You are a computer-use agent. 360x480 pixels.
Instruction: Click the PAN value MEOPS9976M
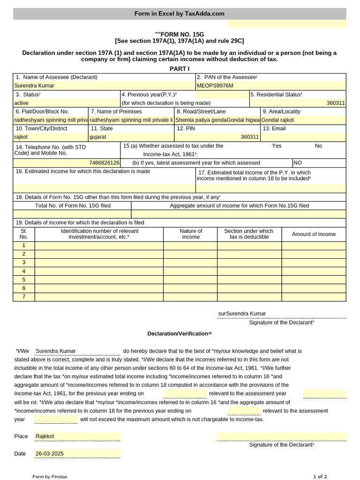[x=215, y=86]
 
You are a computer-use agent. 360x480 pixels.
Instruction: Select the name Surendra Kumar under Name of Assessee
[x=34, y=86]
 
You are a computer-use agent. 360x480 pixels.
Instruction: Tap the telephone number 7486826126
[x=104, y=163]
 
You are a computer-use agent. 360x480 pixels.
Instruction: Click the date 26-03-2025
[x=49, y=454]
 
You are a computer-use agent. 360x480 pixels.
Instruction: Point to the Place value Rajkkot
[x=45, y=436]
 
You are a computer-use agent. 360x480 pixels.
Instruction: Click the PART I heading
[x=180, y=69]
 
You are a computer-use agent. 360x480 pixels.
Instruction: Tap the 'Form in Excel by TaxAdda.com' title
[x=180, y=14]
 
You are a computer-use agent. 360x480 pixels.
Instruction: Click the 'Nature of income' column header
[x=191, y=234]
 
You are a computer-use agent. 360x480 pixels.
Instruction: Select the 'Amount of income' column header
[x=314, y=234]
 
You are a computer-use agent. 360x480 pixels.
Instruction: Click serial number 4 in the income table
[x=24, y=271]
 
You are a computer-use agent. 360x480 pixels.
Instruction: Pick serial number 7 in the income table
[x=24, y=297]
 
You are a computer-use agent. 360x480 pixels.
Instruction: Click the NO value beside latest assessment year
[x=298, y=163]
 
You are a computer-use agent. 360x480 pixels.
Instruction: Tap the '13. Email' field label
[x=274, y=128]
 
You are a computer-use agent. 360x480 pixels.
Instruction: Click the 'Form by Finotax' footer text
[x=50, y=477]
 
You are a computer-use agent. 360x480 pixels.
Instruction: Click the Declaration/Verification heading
[x=180, y=334]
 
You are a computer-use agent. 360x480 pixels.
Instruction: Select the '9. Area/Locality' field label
[x=281, y=112]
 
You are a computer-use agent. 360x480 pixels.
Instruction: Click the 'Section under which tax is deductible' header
[x=248, y=234]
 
